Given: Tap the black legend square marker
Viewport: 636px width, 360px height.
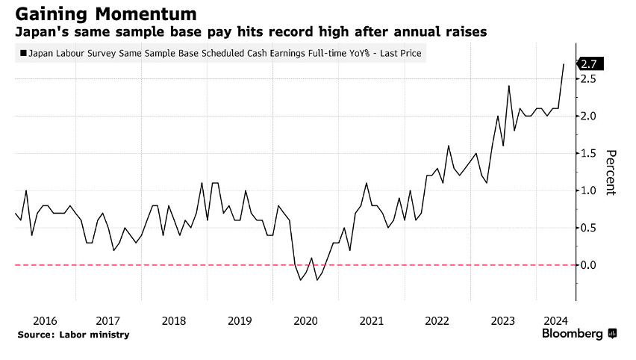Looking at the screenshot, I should tap(24, 54).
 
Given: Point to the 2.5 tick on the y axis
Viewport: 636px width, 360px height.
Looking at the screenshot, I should tap(589, 78).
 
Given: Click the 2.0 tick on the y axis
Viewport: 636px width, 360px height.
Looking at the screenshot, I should tap(589, 116).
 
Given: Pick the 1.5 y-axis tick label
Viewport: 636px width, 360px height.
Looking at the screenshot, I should tap(589, 153).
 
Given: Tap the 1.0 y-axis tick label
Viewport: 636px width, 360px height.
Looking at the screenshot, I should tap(589, 190).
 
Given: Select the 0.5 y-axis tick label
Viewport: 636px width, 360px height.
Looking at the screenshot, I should tap(589, 228).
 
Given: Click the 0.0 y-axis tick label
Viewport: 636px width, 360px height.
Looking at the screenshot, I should tap(589, 265).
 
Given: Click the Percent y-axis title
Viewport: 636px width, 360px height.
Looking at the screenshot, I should tap(611, 172).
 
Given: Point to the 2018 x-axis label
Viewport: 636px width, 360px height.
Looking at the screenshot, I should tap(174, 320).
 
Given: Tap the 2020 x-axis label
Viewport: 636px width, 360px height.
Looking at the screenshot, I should tap(305, 320).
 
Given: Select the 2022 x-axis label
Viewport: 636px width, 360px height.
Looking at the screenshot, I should tap(437, 320).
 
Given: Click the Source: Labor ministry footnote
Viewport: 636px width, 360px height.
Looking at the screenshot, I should tap(73, 335).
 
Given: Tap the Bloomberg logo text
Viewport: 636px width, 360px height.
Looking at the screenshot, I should tap(573, 334).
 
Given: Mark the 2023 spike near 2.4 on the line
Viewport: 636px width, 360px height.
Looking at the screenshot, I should tap(508, 86).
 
